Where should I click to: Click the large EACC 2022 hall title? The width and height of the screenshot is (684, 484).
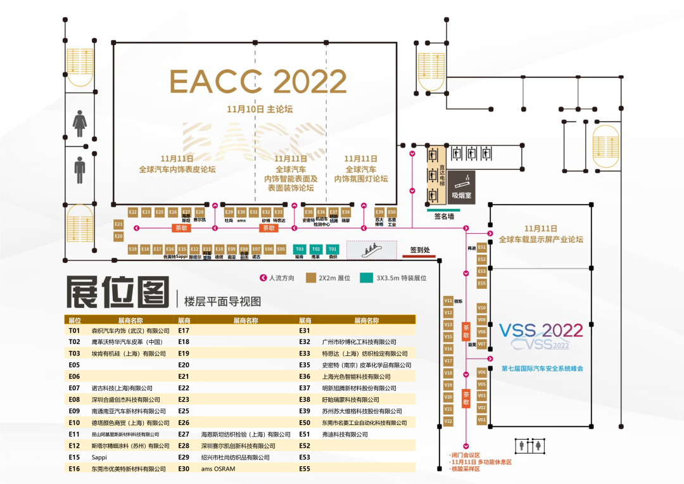[258, 82]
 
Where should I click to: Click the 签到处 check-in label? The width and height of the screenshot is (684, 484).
[420, 250]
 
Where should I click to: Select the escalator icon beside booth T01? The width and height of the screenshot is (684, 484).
[371, 249]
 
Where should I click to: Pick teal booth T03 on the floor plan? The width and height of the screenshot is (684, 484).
[300, 249]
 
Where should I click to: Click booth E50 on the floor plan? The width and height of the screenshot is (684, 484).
[391, 212]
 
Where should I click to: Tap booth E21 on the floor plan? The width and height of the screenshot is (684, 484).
[118, 224]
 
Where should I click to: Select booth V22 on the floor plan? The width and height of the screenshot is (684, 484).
[448, 421]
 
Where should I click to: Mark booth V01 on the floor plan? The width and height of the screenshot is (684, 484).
[481, 420]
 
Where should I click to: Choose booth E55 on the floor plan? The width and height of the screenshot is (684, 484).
[482, 283]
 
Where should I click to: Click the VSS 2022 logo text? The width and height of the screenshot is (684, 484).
[541, 331]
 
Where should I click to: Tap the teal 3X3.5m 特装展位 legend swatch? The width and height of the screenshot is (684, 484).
[365, 277]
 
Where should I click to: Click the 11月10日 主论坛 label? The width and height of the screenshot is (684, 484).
[260, 109]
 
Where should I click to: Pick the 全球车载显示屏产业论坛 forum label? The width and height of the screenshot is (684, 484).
[541, 239]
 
